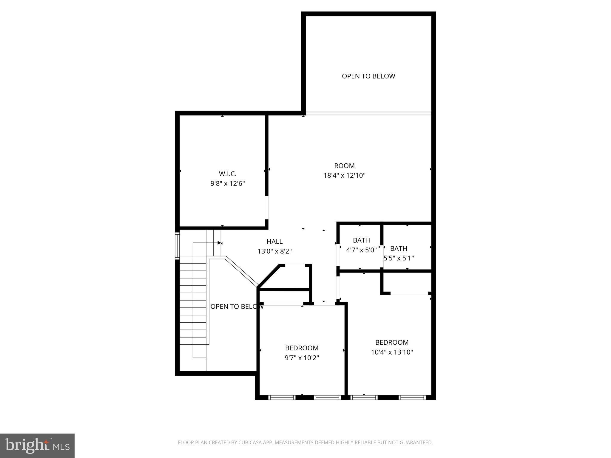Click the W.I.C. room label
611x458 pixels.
coord(228,174)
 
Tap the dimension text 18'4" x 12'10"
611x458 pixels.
coord(345,175)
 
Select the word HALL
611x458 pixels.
coord(274,242)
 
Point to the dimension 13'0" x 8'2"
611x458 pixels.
coord(274,251)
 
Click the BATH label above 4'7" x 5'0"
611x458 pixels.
coord(361,240)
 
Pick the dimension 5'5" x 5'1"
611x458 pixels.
coord(399,258)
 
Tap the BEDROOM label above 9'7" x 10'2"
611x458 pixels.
coord(302,348)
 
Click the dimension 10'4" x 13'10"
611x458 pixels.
coord(392,352)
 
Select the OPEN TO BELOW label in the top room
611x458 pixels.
coord(368,76)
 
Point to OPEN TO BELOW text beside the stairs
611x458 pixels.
coord(237,307)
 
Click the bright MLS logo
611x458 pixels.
coord(38,445)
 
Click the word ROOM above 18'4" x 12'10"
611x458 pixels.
coord(344,166)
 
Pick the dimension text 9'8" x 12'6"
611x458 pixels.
coord(228,183)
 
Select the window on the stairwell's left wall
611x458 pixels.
coord(177,246)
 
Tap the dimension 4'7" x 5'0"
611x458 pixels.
coord(361,250)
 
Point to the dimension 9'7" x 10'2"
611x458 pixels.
coord(302,358)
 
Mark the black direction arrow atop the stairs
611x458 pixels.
coord(220,243)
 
